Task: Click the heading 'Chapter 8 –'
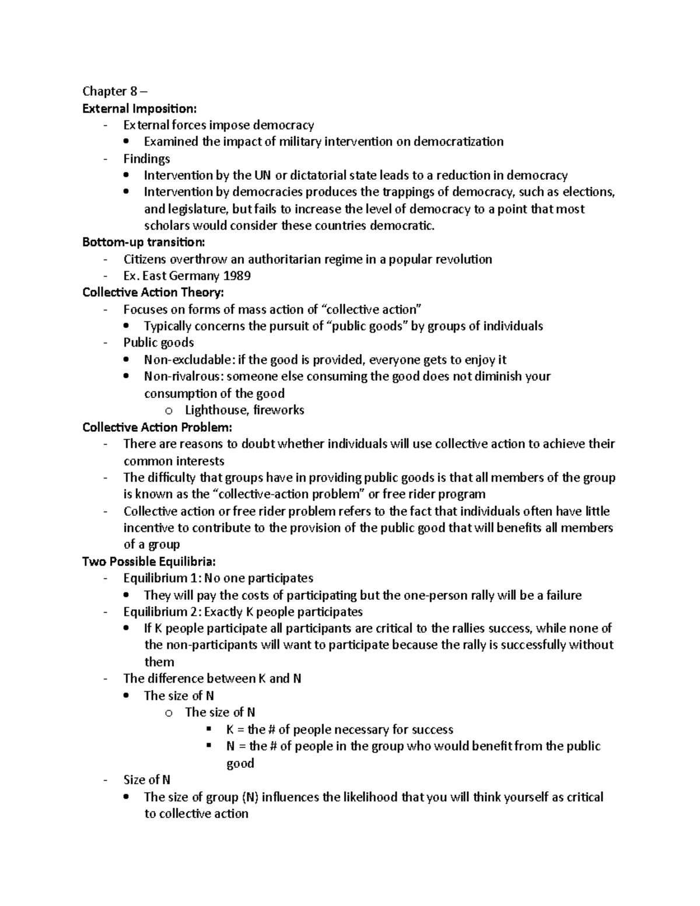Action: tap(115, 91)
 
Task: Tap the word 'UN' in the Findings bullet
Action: tap(262, 175)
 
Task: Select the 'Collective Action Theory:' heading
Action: tap(153, 292)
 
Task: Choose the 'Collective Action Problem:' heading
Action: tap(157, 427)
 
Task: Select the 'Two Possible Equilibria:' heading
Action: tap(149, 561)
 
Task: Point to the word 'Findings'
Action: tap(146, 159)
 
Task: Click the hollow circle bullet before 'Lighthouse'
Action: tap(169, 411)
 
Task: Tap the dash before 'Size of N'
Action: tap(105, 780)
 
